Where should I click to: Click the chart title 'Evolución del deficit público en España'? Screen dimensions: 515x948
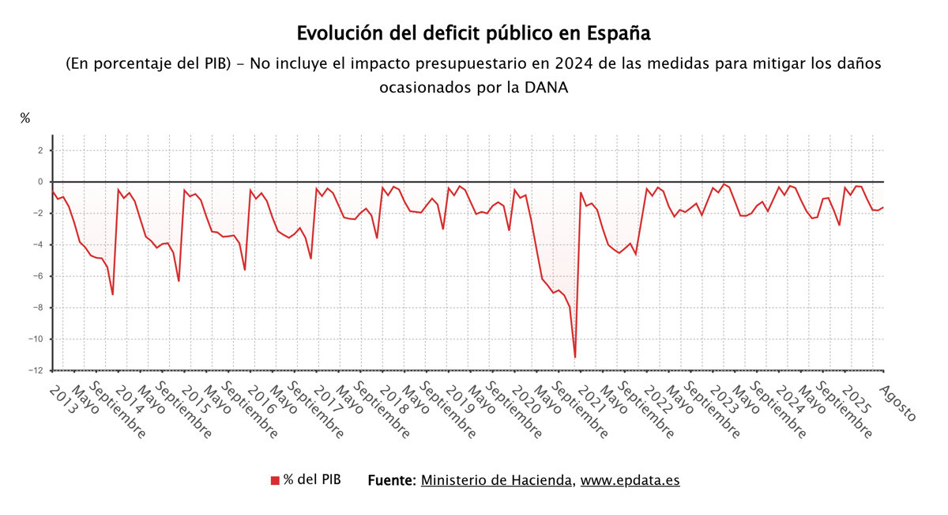pos(473,34)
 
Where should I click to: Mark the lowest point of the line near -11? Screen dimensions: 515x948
pos(575,358)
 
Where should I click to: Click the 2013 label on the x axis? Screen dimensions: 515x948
pos(60,398)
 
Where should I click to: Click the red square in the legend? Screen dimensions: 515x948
pos(275,480)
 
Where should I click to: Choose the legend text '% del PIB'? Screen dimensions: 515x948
pos(313,479)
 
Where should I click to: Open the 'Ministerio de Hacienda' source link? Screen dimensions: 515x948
pos(497,480)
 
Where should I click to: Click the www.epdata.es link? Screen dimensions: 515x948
pos(630,480)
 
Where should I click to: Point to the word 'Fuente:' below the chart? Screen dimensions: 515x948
pos(392,480)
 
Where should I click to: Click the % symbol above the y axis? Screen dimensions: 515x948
pos(25,119)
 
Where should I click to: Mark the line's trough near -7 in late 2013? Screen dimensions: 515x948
pos(112,294)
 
